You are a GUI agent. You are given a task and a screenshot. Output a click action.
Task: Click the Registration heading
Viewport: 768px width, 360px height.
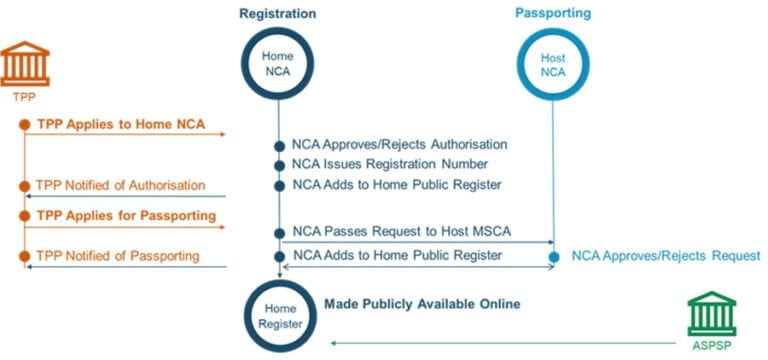pyautogui.click(x=277, y=14)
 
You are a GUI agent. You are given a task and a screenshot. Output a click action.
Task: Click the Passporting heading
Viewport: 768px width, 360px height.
pyautogui.click(x=552, y=14)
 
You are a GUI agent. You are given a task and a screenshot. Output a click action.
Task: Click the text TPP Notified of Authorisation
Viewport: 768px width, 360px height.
pyautogui.click(x=120, y=185)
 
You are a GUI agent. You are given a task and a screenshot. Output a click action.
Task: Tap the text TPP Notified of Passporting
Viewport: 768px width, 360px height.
pyautogui.click(x=117, y=256)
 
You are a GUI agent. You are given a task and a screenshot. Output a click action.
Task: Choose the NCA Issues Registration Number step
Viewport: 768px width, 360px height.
pyautogui.click(x=390, y=164)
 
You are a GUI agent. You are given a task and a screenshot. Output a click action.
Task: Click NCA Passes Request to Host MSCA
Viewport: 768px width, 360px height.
pyautogui.click(x=401, y=232)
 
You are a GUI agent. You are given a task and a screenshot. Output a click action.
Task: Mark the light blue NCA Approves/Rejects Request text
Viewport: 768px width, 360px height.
pyautogui.click(x=666, y=256)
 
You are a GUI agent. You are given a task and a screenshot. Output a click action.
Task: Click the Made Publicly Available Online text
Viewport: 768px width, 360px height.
pyautogui.click(x=421, y=303)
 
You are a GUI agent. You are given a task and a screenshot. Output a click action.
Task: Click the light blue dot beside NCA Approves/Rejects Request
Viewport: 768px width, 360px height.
pyautogui.click(x=553, y=257)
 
